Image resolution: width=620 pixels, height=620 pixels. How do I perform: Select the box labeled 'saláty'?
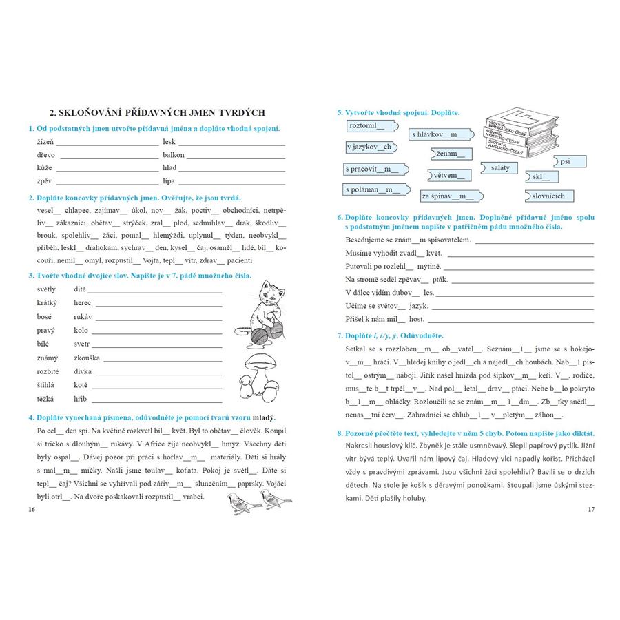(501, 167)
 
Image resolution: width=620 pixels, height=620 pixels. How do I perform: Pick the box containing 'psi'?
(570, 162)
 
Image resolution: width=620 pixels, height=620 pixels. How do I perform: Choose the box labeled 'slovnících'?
(548, 196)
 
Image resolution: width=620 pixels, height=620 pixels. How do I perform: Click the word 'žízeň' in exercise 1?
(45, 142)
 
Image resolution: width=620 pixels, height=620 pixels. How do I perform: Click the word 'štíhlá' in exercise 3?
(46, 386)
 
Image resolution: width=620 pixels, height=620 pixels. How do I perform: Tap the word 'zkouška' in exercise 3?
(87, 358)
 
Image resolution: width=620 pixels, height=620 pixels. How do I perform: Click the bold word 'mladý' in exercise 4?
(263, 417)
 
